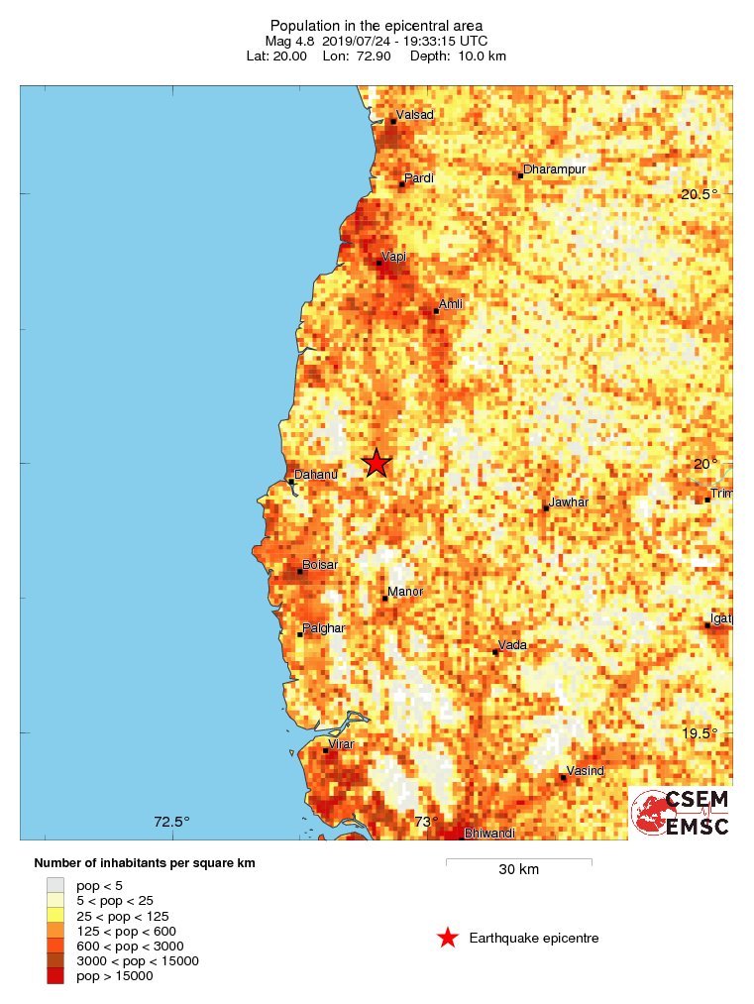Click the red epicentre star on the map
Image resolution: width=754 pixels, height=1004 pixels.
coord(377,463)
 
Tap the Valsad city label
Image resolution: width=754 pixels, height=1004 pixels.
coord(414,115)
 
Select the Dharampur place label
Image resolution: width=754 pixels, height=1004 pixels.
coord(555,169)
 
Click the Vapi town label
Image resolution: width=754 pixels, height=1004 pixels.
coord(393,257)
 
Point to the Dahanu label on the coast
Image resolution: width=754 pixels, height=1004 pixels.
coord(317,475)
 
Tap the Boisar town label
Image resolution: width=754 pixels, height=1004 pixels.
coord(320,565)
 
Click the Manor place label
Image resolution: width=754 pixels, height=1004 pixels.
coord(405,592)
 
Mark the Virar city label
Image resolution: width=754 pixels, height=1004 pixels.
coord(341,744)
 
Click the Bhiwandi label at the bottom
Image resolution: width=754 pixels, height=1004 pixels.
coord(489,834)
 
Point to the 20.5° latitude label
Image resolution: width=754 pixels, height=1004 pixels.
coord(699,194)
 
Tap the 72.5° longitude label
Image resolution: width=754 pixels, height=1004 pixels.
coord(171,822)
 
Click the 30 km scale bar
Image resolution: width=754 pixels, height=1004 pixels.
coord(518,861)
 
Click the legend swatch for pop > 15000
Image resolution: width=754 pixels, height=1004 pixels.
coord(55,976)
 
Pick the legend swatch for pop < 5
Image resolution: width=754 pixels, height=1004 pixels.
coord(55,885)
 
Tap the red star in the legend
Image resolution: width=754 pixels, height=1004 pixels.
coord(448,938)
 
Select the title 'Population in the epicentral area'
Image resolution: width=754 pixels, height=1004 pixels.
coord(377,25)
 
